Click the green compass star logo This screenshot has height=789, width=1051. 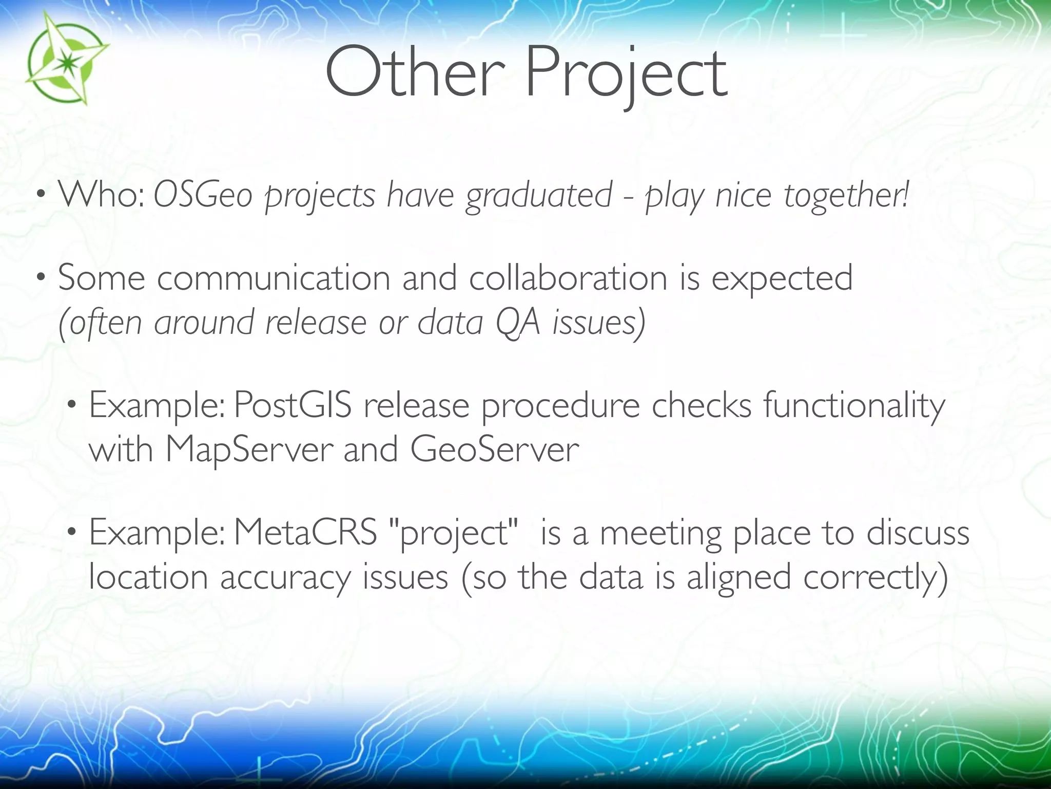pos(66,58)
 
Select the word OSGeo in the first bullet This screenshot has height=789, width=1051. pos(203,196)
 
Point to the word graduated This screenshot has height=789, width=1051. pos(539,196)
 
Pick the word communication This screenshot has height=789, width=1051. pos(274,278)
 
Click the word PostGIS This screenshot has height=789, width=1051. pos(293,405)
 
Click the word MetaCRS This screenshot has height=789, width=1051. pos(306,533)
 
